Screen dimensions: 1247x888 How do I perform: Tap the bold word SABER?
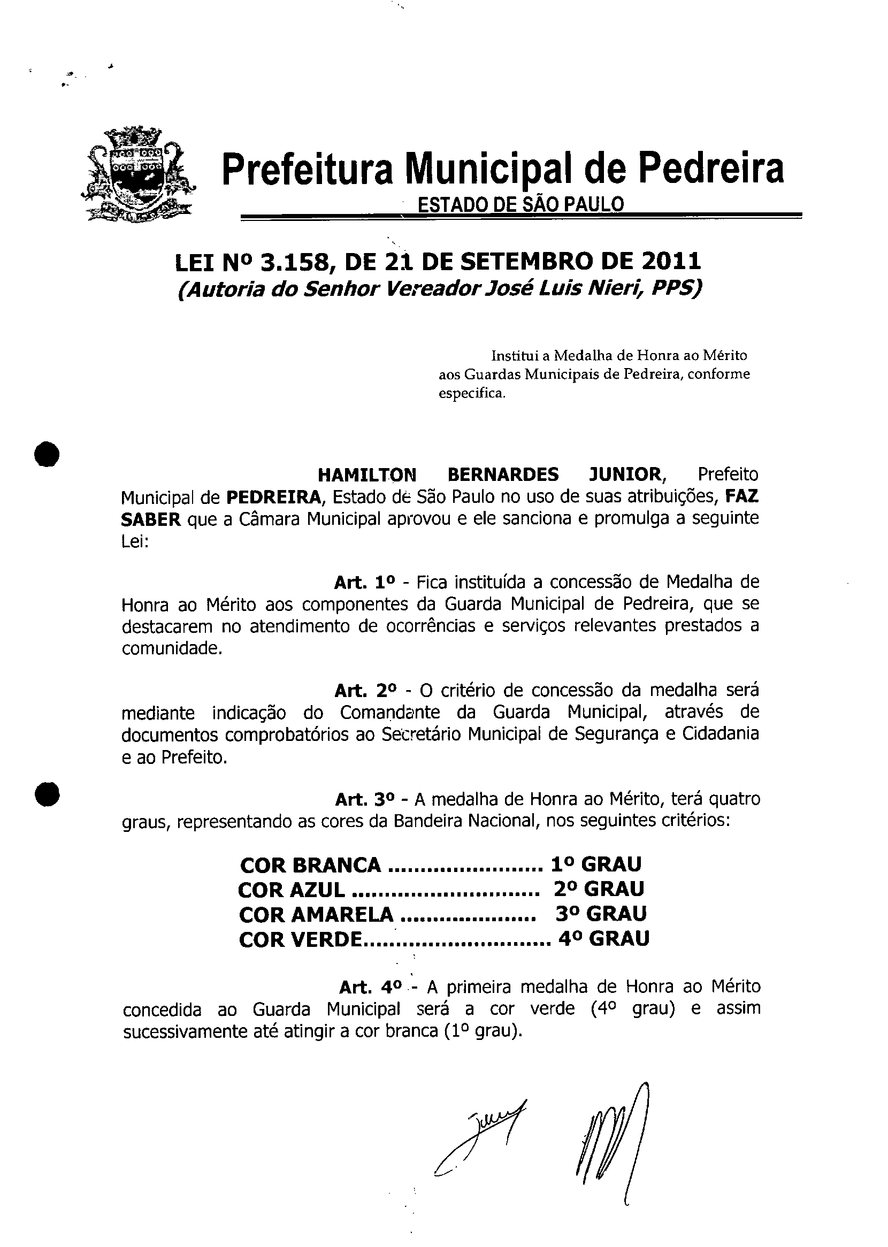(x=150, y=519)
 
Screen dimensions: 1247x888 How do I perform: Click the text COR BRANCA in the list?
(x=310, y=865)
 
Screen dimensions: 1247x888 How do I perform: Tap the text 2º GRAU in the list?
(x=599, y=890)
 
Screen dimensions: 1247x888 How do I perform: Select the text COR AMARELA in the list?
(x=316, y=914)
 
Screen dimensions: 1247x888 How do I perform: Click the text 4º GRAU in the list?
(x=603, y=939)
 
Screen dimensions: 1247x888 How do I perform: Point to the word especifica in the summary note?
(x=471, y=394)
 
